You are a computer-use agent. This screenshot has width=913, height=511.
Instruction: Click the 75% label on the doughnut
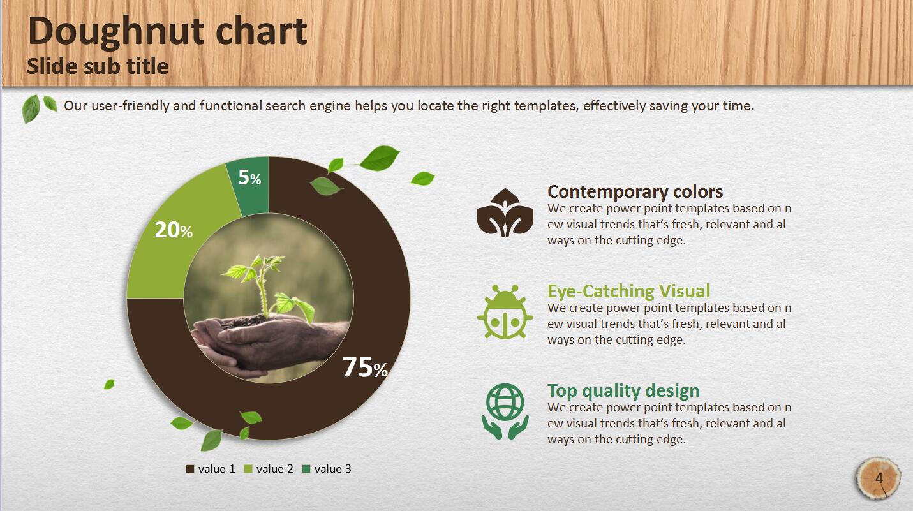(365, 367)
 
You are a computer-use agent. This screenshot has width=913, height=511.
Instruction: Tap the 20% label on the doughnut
(174, 230)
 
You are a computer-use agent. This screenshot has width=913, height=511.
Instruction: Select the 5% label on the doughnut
(249, 177)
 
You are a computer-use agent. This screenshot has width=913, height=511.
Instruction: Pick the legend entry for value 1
(211, 469)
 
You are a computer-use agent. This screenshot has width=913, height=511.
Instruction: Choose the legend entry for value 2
(269, 469)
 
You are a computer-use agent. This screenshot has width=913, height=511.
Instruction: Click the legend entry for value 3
(327, 469)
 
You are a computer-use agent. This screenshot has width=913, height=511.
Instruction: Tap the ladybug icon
(505, 312)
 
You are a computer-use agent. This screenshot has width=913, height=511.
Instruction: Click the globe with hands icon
(505, 411)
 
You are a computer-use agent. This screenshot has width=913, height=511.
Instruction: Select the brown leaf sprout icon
(505, 212)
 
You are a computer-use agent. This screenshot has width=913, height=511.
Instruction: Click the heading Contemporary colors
(635, 191)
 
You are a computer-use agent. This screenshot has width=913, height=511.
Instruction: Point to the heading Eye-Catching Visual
(628, 291)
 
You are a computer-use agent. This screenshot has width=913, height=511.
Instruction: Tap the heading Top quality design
(623, 390)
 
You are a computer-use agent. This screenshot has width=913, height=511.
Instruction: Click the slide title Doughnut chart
(168, 31)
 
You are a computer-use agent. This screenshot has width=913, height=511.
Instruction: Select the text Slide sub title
(98, 66)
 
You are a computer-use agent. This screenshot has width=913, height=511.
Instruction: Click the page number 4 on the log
(879, 478)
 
